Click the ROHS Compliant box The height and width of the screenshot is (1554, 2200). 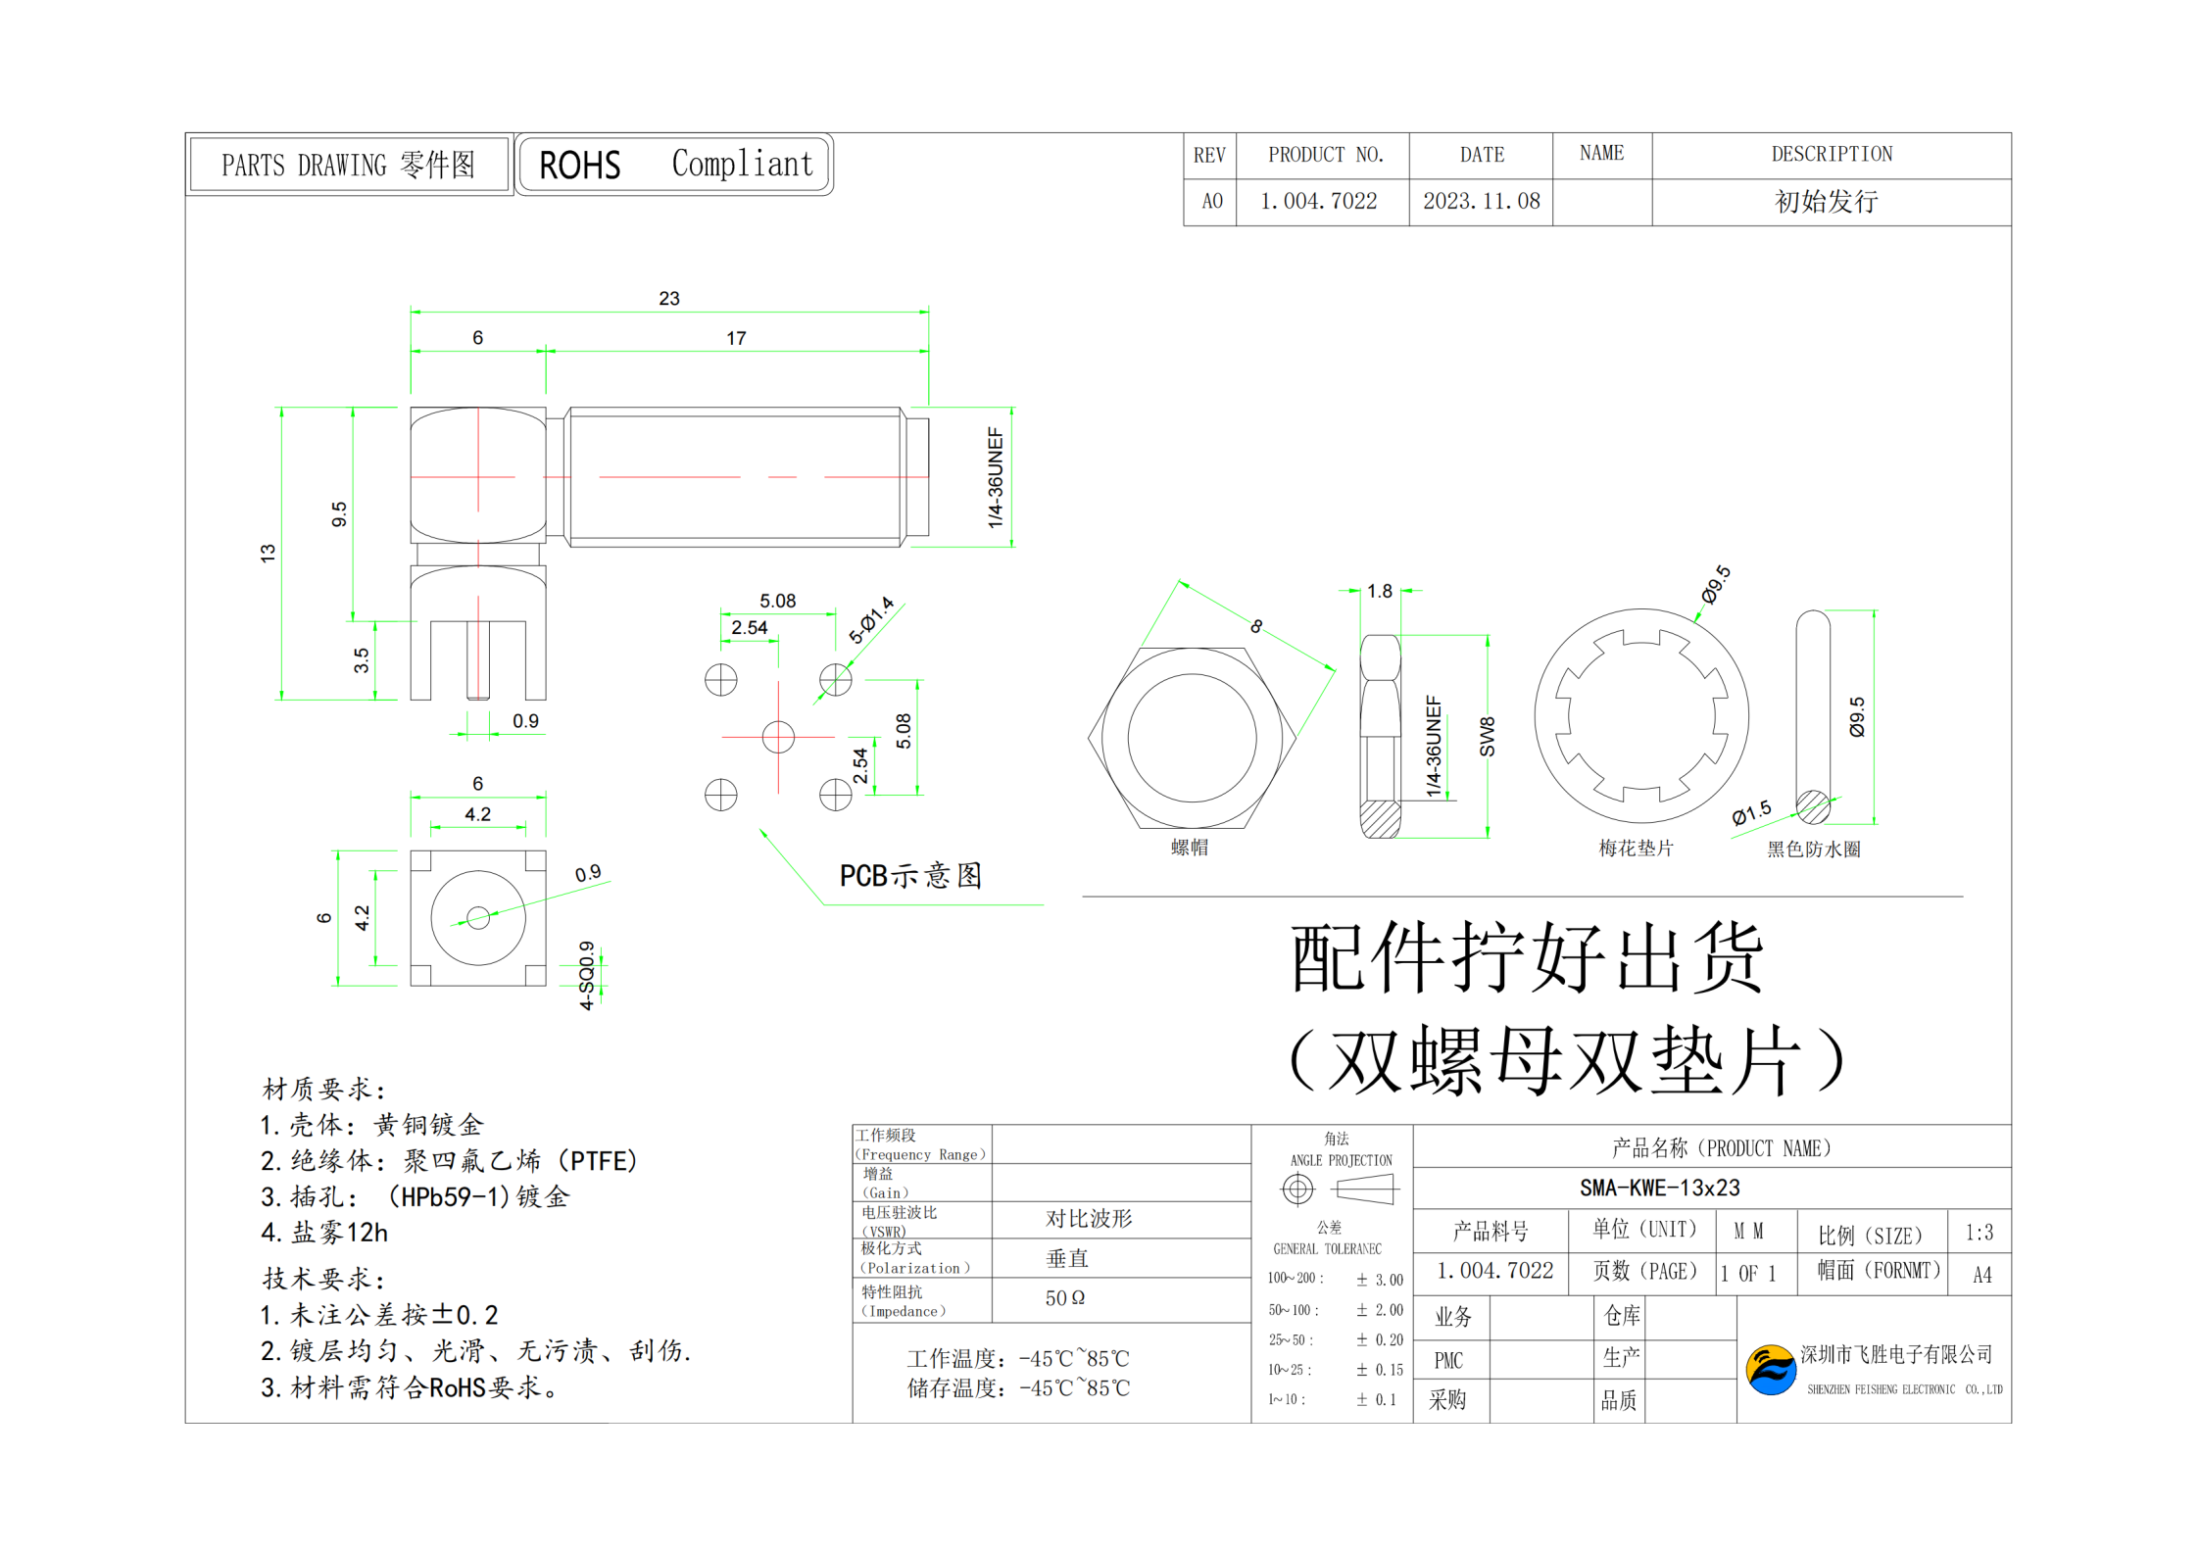(x=674, y=165)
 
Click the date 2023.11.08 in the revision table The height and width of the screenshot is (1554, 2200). (x=1481, y=202)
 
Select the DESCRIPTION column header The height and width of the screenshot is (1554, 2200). (x=1831, y=155)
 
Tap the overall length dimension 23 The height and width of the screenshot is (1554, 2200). (x=669, y=298)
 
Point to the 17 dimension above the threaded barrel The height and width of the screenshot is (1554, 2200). (x=736, y=338)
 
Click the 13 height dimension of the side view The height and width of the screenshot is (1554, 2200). (x=268, y=553)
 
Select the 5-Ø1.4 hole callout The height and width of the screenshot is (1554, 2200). (x=871, y=620)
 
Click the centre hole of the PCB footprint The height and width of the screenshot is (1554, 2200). (x=778, y=737)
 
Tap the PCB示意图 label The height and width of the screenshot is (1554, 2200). (x=910, y=876)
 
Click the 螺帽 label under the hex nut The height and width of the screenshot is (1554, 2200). (x=1190, y=848)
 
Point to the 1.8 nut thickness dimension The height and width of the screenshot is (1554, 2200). (x=1380, y=591)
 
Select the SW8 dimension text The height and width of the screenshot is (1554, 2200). (x=1487, y=737)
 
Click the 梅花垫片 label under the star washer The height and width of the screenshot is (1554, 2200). (x=1636, y=849)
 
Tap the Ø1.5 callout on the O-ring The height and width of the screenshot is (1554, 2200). (x=1751, y=812)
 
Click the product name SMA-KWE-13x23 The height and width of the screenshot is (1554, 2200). (x=1659, y=1189)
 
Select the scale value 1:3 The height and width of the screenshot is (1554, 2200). (x=1979, y=1233)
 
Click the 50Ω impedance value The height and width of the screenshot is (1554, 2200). (x=1064, y=1298)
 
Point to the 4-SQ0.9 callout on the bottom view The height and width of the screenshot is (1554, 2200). (x=586, y=975)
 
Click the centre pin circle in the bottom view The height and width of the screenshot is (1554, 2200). (x=478, y=918)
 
